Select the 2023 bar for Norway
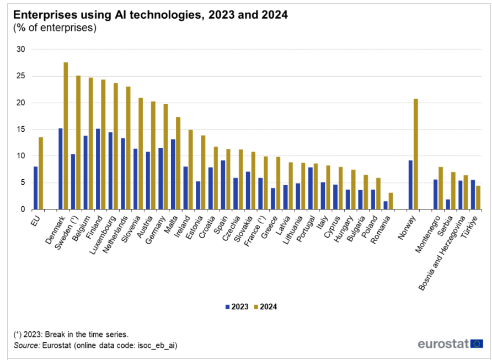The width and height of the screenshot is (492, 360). coord(410,185)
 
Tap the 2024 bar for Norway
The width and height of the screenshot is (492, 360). coord(416,154)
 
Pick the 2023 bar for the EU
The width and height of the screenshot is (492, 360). coord(35,188)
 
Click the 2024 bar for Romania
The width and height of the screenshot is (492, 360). coord(391,201)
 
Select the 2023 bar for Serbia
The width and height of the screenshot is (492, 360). coord(448,205)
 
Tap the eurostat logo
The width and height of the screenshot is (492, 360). coord(450,344)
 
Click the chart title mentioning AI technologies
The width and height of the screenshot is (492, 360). coord(150,15)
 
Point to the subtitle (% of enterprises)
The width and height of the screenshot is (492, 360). coord(55,28)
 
